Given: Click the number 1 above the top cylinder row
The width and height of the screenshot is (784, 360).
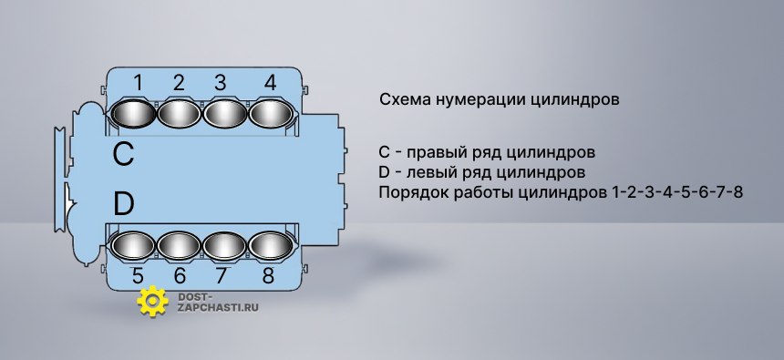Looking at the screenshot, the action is [138, 83].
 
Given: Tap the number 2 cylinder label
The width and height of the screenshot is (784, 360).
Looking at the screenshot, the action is [179, 83].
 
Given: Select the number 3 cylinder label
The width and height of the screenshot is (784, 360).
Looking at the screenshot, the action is [221, 83].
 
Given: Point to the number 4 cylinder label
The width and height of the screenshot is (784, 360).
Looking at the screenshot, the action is [270, 83].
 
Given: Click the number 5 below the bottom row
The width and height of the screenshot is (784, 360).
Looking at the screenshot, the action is [138, 275].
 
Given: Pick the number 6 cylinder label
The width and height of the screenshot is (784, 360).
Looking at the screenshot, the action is [180, 275].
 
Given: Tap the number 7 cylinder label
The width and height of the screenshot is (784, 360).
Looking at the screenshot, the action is [221, 275].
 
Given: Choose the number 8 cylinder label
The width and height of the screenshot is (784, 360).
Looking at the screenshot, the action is [269, 275].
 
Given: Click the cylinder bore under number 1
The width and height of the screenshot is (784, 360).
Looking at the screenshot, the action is [133, 114].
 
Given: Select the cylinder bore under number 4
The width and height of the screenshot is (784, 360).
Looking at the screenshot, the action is [271, 114].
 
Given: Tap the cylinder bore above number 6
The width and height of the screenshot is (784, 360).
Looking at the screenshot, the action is [179, 246].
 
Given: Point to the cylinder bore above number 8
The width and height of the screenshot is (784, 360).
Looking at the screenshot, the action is [271, 246].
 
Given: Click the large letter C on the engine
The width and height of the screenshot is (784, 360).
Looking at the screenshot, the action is [123, 154].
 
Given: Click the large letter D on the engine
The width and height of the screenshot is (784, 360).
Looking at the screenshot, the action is [123, 204].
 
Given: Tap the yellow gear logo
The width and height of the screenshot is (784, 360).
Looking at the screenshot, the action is [152, 302].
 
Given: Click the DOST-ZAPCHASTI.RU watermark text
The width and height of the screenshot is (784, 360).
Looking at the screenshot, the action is [218, 302].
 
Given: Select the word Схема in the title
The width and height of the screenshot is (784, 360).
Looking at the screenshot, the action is [404, 99].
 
